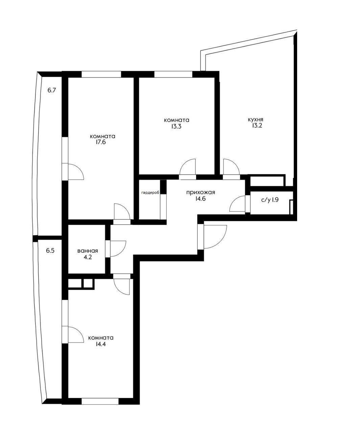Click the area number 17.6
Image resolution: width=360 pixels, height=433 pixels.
tap(100, 142)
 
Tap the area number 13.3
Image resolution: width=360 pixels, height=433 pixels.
tap(176, 126)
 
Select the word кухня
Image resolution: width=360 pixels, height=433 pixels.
tap(256, 120)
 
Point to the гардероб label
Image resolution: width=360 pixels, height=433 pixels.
tap(150, 193)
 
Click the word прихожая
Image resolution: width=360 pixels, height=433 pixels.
tap(200, 193)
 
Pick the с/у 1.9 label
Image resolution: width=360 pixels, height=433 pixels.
tap(270, 200)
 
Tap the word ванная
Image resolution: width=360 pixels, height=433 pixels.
tap(88, 251)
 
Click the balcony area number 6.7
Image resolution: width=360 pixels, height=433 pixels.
tap(52, 90)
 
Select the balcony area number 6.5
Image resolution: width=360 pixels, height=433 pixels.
tap(50, 251)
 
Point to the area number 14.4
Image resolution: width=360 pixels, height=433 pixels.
tap(101, 344)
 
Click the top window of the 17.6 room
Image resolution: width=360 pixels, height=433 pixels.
tap(101, 74)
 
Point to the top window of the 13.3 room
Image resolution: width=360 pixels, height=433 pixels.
tap(173, 74)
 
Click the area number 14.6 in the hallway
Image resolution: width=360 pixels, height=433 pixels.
tap(200, 199)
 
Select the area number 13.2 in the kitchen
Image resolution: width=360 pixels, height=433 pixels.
tap(257, 126)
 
